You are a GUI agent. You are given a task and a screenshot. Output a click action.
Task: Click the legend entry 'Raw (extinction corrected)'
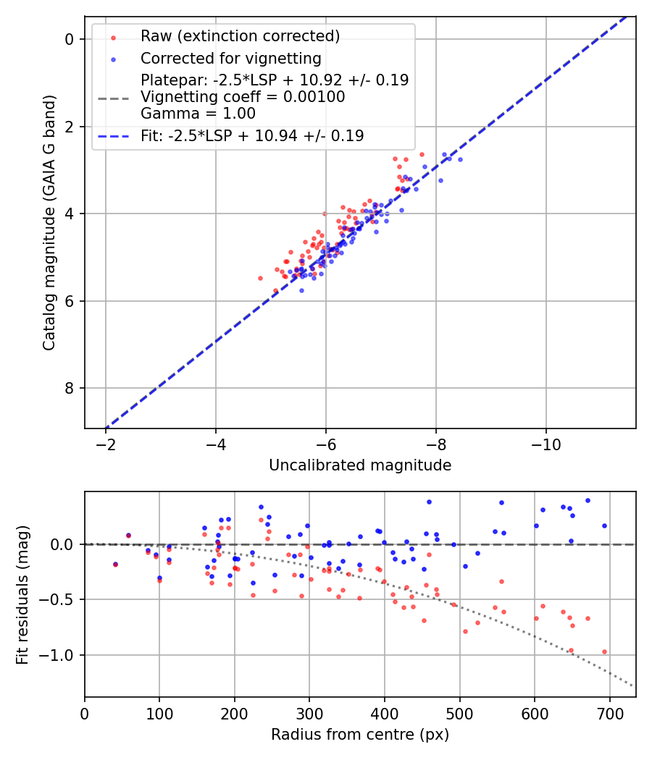[x=240, y=36]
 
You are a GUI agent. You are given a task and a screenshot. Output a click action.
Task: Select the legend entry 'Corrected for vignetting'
[x=230, y=58]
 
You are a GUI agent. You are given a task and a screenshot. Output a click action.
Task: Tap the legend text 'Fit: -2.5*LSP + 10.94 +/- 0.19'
[x=252, y=136]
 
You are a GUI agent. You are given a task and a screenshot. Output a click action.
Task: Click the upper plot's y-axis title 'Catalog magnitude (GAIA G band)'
[x=49, y=221]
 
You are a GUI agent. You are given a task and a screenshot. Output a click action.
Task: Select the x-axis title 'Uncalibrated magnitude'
[x=360, y=465]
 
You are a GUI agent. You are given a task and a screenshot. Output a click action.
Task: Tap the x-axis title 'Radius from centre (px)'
[x=360, y=735]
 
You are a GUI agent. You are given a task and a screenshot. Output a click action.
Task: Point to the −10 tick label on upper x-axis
[x=546, y=443]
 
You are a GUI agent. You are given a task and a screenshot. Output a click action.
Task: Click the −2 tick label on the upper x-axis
[x=106, y=443]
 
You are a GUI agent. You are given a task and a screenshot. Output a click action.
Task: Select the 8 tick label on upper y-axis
[x=70, y=389]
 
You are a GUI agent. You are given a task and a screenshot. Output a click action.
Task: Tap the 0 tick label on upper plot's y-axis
[x=70, y=39]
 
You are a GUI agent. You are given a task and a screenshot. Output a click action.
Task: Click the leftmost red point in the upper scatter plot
[x=260, y=278]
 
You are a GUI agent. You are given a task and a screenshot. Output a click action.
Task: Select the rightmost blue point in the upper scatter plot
[x=460, y=159]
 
